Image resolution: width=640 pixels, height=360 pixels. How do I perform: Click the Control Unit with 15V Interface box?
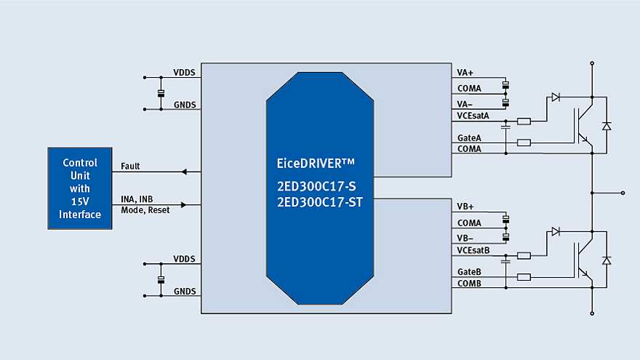pos(80,188)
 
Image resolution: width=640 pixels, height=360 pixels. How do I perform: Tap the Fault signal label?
pos(130,167)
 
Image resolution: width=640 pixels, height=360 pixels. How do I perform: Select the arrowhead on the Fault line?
pos(184,172)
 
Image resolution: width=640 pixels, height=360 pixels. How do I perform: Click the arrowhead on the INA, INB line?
pos(183,205)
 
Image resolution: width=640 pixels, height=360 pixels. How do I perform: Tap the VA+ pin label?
pos(465,73)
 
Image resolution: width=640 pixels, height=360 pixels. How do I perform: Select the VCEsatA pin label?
pos(473,116)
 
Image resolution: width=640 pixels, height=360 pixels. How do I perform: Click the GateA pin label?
pos(468,137)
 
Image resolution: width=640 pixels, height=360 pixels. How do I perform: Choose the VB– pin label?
pos(465,237)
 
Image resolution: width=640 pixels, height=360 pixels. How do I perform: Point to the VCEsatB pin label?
pos(473,250)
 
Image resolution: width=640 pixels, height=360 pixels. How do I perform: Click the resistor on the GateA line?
pos(524,143)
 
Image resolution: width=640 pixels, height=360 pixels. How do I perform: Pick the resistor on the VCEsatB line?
pos(524,255)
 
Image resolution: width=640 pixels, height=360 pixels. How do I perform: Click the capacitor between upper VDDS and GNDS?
pos(161,93)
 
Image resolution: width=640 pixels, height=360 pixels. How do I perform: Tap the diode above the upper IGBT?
pos(556,97)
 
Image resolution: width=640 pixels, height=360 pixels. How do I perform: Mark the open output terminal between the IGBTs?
pos(623,193)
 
